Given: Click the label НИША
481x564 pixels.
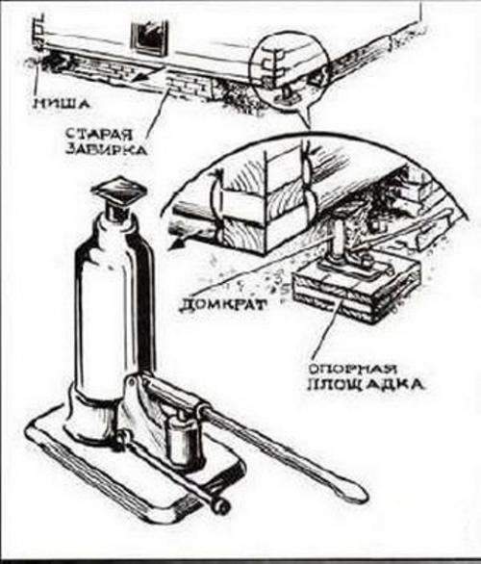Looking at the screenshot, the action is click(61, 104).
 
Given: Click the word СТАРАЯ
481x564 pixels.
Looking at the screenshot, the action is click(99, 134).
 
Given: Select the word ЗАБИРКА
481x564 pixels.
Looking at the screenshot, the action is click(107, 148).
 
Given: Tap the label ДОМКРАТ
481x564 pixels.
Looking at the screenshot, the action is click(223, 305).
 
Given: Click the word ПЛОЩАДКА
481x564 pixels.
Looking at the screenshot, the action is click(366, 385).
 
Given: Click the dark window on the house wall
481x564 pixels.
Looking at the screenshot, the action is click(150, 38).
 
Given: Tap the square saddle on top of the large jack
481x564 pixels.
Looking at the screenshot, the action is click(119, 190).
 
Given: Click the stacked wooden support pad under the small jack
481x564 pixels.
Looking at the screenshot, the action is click(356, 288).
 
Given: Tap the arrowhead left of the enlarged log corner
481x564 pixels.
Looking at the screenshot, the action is click(176, 244).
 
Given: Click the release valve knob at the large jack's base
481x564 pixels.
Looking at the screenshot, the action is click(220, 506).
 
